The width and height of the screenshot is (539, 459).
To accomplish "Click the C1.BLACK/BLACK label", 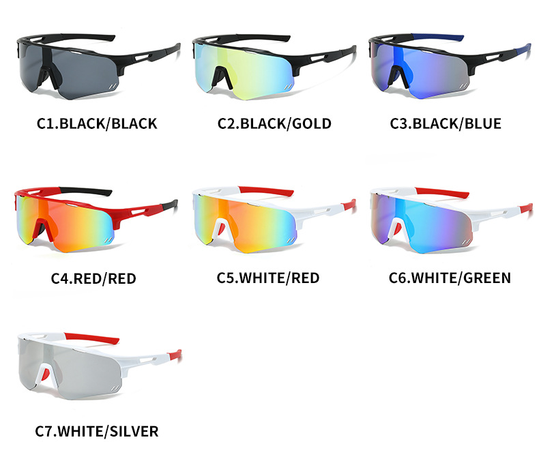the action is tap(97, 123).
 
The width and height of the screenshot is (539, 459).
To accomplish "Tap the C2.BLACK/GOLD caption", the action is tap(274, 123).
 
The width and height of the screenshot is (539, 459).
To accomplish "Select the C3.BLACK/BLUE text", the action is tap(446, 123).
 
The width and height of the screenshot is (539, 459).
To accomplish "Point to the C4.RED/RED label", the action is tap(93, 278).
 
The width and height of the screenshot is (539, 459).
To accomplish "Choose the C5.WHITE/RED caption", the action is tap(268, 278).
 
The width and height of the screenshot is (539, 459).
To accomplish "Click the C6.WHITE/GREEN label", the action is tap(450, 278).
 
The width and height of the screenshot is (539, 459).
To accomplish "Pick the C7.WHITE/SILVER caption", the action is tap(96, 432).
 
